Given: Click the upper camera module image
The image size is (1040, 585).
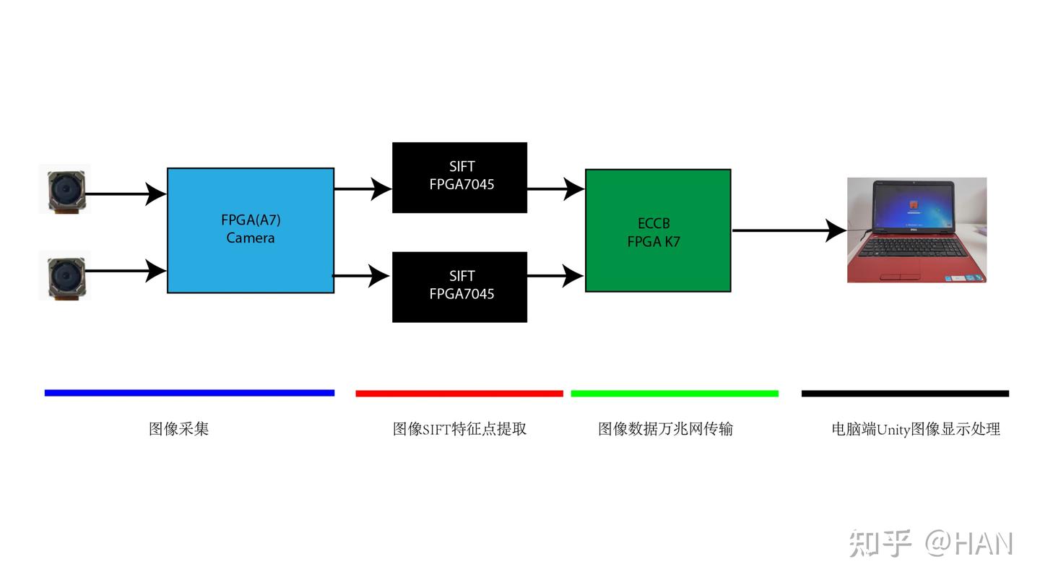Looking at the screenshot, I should [x=65, y=190].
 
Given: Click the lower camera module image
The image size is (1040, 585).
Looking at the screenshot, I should [x=65, y=275].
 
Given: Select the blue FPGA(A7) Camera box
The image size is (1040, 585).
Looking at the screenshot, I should [x=250, y=230].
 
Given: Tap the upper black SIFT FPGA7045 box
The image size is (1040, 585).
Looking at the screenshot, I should [x=459, y=177].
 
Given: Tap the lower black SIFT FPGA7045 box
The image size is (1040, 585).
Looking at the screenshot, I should [x=459, y=287].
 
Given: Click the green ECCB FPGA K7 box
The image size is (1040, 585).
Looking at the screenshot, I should [x=657, y=230].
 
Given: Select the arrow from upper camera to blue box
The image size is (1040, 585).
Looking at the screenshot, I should [x=126, y=194].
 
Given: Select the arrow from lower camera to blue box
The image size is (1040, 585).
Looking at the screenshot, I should [x=126, y=271].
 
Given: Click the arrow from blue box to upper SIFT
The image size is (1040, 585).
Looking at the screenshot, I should [x=363, y=189].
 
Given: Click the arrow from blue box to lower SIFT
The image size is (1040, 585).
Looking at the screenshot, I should [x=361, y=275].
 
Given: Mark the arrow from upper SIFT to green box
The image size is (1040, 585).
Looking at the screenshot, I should [x=555, y=189].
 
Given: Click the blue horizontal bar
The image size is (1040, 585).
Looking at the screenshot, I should [x=189, y=393].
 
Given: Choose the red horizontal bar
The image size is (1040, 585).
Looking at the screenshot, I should [x=459, y=394].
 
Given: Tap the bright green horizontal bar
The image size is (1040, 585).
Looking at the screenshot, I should [x=675, y=394].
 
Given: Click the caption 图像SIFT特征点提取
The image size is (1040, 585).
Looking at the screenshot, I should [x=459, y=429].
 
